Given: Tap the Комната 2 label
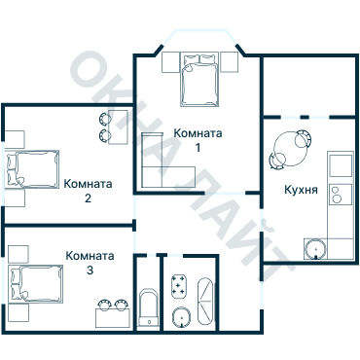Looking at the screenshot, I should tap(88, 191).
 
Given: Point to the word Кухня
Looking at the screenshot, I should tap(302, 191).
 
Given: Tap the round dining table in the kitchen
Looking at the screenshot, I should tap(289, 149).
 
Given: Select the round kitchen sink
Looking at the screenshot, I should tap(314, 248).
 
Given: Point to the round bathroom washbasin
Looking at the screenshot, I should tap(180, 317).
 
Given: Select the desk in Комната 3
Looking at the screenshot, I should tap(111, 314).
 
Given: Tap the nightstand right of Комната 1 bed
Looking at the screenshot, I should tap(230, 62).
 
